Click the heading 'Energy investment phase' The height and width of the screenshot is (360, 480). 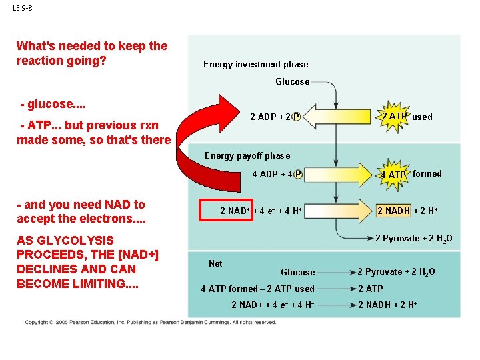pos(255,65)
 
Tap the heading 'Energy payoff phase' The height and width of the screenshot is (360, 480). pos(247,156)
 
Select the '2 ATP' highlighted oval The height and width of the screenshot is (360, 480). pos(393,117)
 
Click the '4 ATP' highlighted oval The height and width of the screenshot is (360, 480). pos(393,175)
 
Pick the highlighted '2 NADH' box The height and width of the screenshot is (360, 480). pos(393,211)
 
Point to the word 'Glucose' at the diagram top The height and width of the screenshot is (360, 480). pos(292,82)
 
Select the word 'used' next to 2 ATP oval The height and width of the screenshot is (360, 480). pos(422,117)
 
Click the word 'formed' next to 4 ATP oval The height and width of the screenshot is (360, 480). pos(427,174)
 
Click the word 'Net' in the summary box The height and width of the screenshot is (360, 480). pos(215,263)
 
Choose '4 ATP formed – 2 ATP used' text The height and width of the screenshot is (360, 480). pos(257,289)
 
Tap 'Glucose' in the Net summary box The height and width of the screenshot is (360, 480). pos(297,272)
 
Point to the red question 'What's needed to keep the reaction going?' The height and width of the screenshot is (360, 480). pos(92,53)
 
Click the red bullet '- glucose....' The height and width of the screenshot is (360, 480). pos(54,105)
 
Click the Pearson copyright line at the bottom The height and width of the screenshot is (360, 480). pos(150,323)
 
